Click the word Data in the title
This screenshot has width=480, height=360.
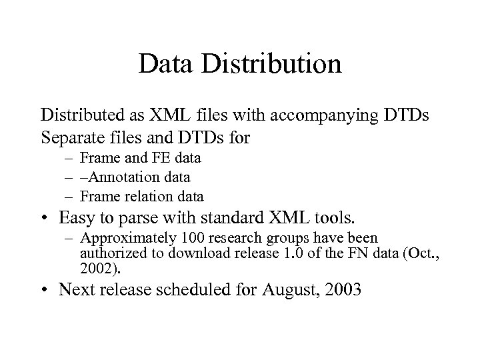coord(167,64)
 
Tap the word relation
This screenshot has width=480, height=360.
coord(143,197)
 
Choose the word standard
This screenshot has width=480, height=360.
coord(244,218)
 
